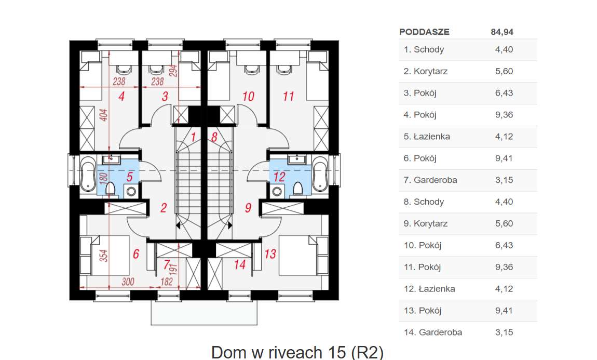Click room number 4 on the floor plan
pos(121,96)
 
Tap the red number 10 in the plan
pos(249,96)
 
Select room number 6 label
pos(136,254)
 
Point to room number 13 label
pos(270,254)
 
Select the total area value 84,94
pos(501,32)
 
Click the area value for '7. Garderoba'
pos(504,180)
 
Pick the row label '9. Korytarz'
pos(425,224)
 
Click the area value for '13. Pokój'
pos(504,311)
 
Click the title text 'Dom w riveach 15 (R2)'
pos(297,352)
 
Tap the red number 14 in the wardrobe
pos(239,264)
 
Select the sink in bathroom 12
pos(297,158)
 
